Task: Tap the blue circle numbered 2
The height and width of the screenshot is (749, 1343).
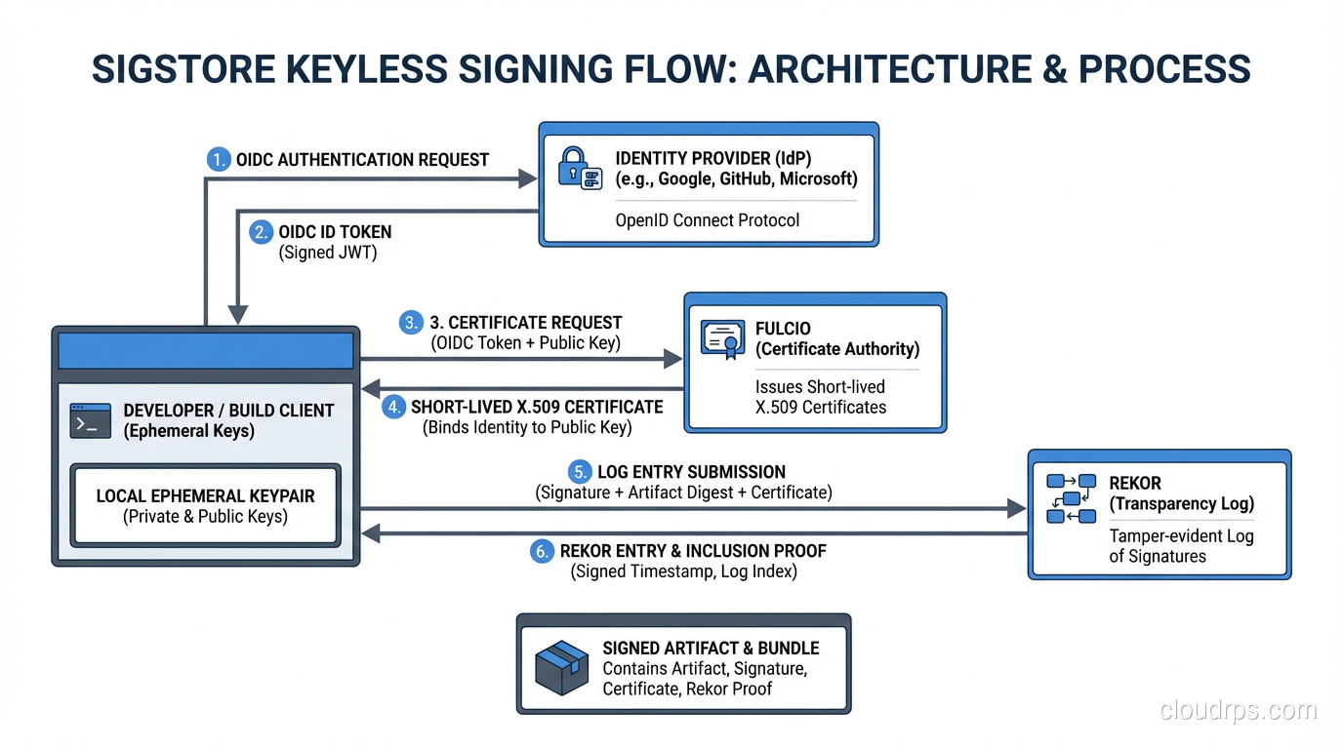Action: (x=262, y=231)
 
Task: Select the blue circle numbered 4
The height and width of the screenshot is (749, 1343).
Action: (x=393, y=407)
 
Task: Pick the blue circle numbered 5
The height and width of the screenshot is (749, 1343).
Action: (x=580, y=472)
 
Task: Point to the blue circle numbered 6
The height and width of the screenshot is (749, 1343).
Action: (x=542, y=551)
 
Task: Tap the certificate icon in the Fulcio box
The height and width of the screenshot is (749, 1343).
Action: (x=722, y=338)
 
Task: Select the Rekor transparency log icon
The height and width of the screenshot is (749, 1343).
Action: (x=1071, y=497)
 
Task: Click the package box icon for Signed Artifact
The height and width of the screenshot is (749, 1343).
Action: (x=562, y=668)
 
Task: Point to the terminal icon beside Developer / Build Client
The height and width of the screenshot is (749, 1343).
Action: (x=91, y=420)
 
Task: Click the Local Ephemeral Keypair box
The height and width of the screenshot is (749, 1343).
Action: (x=205, y=506)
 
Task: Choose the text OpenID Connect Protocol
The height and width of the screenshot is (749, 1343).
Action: (x=707, y=220)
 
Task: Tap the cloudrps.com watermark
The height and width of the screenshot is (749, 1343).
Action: (x=1238, y=711)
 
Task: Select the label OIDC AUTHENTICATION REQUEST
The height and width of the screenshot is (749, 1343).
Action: (x=362, y=160)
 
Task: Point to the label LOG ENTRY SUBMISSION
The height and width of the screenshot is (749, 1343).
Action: (x=691, y=472)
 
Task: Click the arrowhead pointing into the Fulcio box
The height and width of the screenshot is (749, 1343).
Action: (x=672, y=359)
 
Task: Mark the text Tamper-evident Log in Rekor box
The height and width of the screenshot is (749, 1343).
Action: (x=1181, y=536)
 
